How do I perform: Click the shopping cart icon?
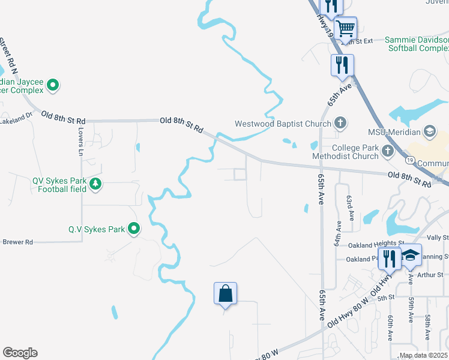point(345,28)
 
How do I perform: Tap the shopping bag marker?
point(225,293)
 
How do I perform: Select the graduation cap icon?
point(411,256)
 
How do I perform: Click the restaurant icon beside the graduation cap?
point(390,258)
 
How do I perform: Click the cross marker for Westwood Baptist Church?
point(340,124)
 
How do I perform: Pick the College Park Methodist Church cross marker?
point(388,151)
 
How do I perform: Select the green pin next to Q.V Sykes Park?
point(134,229)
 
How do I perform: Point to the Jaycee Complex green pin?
point(53,86)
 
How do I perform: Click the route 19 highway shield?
point(409,161)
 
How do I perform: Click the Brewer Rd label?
point(17,242)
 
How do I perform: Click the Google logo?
point(20,353)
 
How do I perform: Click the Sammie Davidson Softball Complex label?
point(416,44)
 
